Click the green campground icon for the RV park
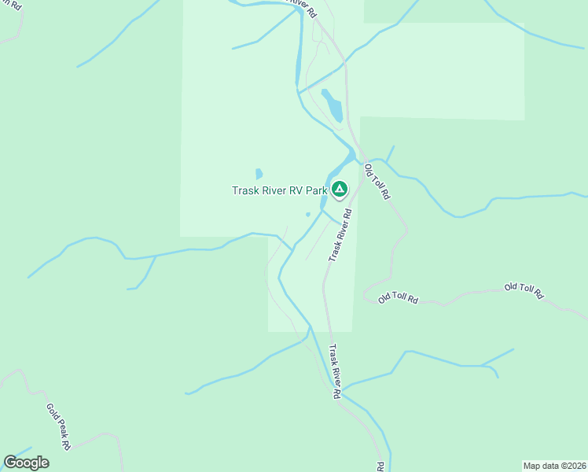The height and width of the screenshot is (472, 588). click(339, 189)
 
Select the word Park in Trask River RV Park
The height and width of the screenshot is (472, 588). click(316, 190)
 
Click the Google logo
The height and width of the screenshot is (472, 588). click(26, 463)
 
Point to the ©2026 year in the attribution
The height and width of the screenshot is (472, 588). click(575, 465)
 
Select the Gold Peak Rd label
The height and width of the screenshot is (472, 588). click(59, 426)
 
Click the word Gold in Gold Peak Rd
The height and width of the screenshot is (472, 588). click(52, 413)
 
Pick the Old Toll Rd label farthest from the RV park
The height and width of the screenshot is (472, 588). click(524, 291)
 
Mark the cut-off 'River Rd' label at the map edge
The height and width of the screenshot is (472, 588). click(302, 8)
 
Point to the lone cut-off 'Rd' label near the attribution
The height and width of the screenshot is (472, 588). click(381, 466)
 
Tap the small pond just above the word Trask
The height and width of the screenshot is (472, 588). click(259, 174)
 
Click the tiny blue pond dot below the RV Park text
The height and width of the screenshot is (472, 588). click(308, 214)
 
